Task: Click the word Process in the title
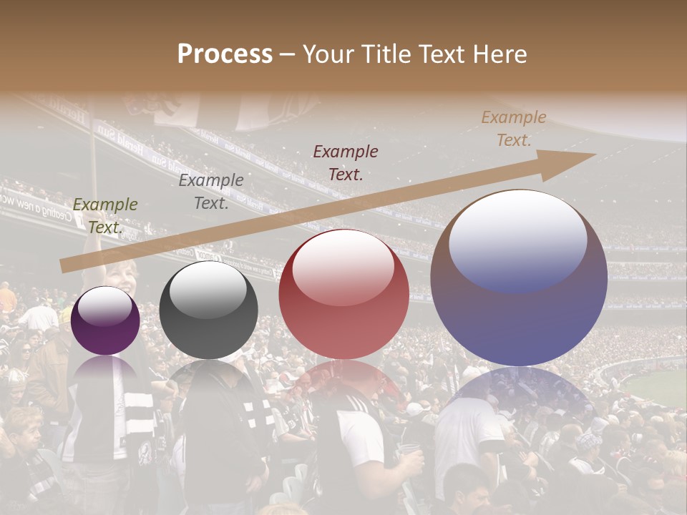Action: click(225, 54)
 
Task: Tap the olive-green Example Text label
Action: click(105, 216)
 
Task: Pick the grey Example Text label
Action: click(211, 192)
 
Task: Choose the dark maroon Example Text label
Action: click(346, 162)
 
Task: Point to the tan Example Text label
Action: click(514, 129)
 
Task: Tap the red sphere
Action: click(344, 315)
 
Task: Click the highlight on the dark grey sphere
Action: click(208, 288)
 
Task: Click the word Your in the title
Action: click(327, 54)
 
